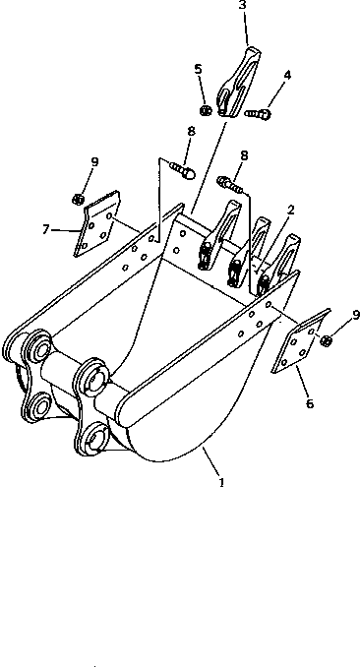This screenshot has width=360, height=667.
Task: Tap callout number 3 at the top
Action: coord(243,6)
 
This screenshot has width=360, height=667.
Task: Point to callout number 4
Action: coord(287,75)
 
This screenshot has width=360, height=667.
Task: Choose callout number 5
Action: coord(198,69)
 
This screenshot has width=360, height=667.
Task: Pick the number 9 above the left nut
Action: coord(94,161)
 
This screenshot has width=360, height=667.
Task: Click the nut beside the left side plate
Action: coord(79,200)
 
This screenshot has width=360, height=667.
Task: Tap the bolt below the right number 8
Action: coord(232,182)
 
